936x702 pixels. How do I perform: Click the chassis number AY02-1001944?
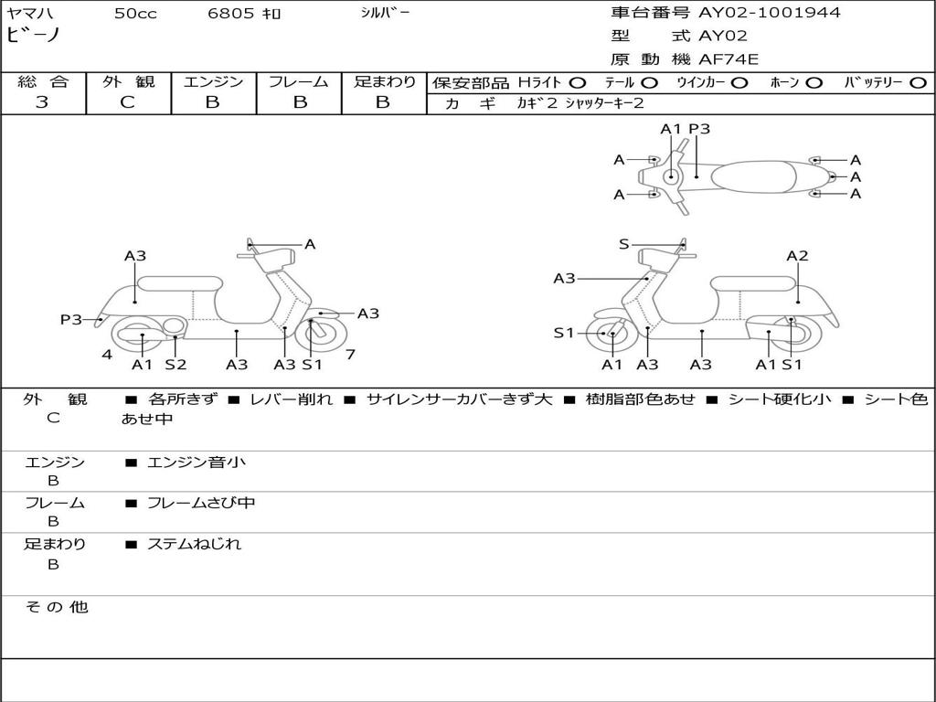click(x=770, y=13)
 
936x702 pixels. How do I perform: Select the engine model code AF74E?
click(x=729, y=59)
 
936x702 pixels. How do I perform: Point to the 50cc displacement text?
click(x=135, y=14)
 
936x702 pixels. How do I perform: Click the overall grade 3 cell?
click(x=42, y=102)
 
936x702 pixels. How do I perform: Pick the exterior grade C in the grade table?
click(x=127, y=102)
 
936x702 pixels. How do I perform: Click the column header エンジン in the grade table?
click(x=213, y=81)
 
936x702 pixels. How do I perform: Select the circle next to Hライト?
click(x=577, y=83)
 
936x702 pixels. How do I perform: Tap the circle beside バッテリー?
click(x=918, y=83)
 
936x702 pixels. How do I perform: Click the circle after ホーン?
click(x=814, y=83)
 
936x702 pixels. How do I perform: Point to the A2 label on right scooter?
click(x=797, y=256)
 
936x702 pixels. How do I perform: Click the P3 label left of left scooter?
click(x=71, y=319)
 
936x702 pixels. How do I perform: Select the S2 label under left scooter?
click(x=175, y=365)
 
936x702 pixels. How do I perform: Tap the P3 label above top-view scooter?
click(x=699, y=129)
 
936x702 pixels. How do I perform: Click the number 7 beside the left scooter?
click(x=350, y=354)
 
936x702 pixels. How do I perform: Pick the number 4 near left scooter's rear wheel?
click(x=107, y=354)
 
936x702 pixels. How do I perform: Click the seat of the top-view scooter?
click(x=763, y=175)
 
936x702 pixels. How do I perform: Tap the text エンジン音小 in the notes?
click(x=196, y=463)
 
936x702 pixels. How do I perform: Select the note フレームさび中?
click(x=201, y=503)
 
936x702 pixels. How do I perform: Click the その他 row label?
click(x=56, y=607)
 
